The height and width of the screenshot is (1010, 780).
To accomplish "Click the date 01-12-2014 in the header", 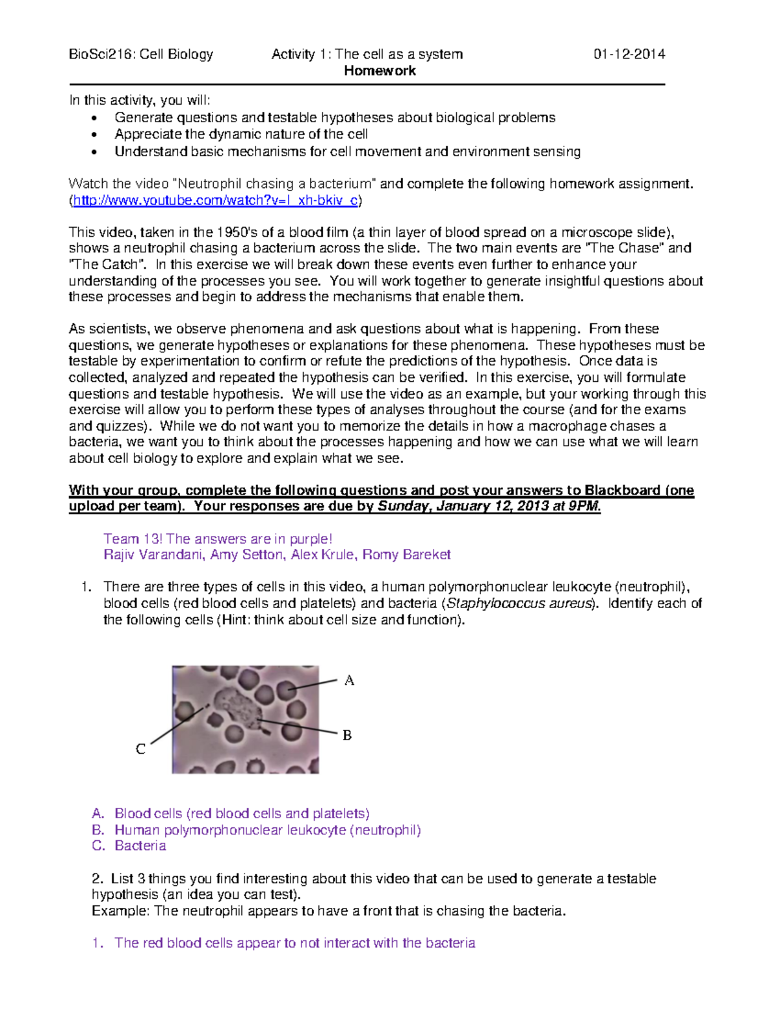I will click(629, 54).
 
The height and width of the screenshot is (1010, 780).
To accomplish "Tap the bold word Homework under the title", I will click(380, 71).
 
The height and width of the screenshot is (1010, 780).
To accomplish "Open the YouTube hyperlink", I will click(215, 200).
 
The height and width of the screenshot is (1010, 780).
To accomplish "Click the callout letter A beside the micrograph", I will click(349, 680).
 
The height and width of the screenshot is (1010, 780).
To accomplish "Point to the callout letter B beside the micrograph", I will click(347, 735).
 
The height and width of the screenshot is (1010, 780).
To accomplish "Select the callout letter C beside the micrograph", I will click(140, 749).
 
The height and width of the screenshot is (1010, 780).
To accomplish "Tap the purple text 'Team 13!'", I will click(133, 538).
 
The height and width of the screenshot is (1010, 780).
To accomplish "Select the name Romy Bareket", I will click(406, 555).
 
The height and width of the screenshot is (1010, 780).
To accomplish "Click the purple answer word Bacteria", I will click(140, 845).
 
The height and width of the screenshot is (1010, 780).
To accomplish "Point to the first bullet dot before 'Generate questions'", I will click(95, 118).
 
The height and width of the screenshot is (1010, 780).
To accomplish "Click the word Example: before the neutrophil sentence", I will click(121, 910).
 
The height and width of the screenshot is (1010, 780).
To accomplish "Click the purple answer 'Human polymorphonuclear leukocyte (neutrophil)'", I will click(267, 830).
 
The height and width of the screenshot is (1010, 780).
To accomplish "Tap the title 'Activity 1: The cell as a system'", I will click(367, 54).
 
